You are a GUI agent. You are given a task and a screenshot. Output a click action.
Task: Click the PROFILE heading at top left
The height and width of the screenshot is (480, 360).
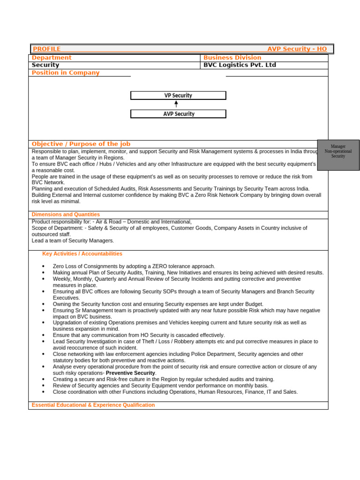pyautogui.click(x=46, y=49)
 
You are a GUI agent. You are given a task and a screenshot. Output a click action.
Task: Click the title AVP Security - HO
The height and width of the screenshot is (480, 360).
pyautogui.click(x=297, y=49)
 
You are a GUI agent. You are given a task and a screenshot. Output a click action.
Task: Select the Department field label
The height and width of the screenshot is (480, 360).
pyautogui.click(x=52, y=58)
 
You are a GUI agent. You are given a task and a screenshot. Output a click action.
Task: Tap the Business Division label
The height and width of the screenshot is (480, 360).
pyautogui.click(x=232, y=58)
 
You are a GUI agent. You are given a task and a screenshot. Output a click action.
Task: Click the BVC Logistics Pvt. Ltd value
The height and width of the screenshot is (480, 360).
pyautogui.click(x=240, y=65)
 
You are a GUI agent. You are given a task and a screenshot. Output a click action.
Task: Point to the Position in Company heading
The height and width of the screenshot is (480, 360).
pyautogui.click(x=65, y=73)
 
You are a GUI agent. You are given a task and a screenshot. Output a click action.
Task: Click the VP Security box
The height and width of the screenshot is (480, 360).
pyautogui.click(x=178, y=96)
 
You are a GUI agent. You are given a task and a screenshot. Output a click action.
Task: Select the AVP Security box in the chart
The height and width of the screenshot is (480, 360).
pyautogui.click(x=178, y=114)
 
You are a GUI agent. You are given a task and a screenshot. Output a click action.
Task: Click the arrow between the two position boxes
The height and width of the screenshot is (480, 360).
pyautogui.click(x=176, y=104)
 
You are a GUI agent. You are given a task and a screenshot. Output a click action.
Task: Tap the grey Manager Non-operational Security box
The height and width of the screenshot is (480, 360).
pyautogui.click(x=338, y=155)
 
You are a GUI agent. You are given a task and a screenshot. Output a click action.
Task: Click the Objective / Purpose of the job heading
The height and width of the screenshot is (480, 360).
pyautogui.click(x=81, y=144)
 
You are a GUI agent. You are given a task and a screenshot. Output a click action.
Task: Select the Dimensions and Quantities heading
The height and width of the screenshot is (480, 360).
pyautogui.click(x=66, y=214)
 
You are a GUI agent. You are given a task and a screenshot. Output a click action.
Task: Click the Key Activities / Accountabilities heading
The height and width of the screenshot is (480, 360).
pyautogui.click(x=82, y=254)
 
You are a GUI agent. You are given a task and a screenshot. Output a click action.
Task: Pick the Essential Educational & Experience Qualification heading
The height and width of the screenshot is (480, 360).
pyautogui.click(x=93, y=405)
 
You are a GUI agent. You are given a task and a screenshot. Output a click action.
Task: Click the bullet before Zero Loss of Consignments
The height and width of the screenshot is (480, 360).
pyautogui.click(x=43, y=266)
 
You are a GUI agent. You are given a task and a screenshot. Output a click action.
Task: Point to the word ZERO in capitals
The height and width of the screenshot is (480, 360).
pyautogui.click(x=161, y=266)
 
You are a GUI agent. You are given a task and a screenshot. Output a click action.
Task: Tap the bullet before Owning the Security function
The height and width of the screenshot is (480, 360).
pyautogui.click(x=43, y=304)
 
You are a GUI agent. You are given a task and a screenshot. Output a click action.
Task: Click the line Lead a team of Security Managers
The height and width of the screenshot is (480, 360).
pyautogui.click(x=73, y=240)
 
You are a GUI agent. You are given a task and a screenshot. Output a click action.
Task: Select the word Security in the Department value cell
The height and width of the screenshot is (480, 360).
pyautogui.click(x=45, y=65)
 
